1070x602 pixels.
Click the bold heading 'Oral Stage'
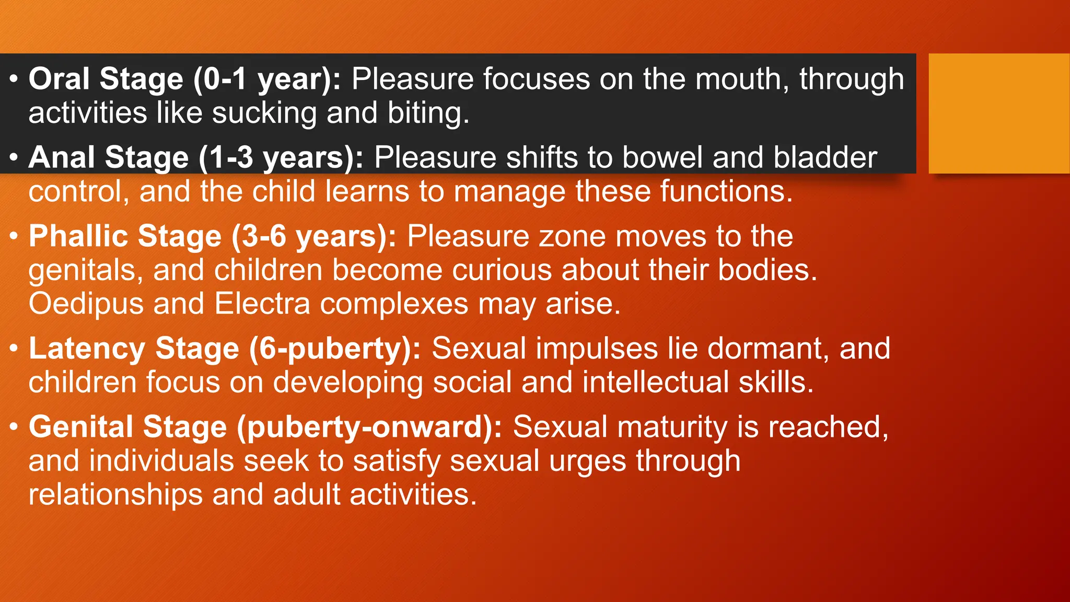(x=106, y=79)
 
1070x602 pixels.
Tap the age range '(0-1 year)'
(x=266, y=79)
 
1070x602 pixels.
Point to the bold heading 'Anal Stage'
(x=109, y=158)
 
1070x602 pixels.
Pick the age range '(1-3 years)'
(x=281, y=158)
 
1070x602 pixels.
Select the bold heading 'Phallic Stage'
(x=125, y=236)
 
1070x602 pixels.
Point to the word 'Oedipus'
(x=86, y=304)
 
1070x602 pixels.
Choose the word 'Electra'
(x=262, y=304)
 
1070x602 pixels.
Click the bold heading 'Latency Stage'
(x=134, y=349)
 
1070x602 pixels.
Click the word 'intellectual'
(x=655, y=383)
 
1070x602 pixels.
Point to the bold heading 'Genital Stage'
(x=127, y=427)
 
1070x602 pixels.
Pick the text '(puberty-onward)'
(x=369, y=427)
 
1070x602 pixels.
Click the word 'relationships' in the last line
(x=115, y=495)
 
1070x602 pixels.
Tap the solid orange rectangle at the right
(x=999, y=113)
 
